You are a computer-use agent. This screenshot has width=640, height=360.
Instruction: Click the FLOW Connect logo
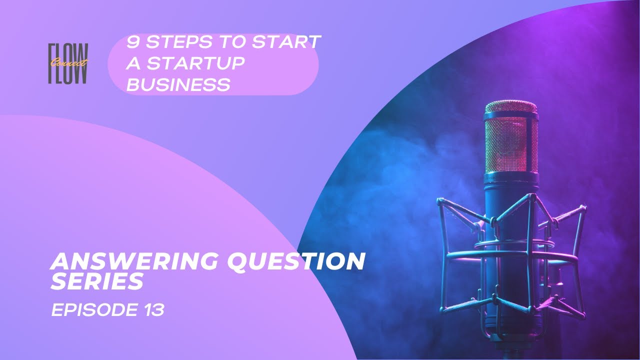[x=68, y=63]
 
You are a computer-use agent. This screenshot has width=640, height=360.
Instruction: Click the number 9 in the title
[x=133, y=42]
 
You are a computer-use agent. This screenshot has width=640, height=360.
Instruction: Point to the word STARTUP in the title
[x=195, y=63]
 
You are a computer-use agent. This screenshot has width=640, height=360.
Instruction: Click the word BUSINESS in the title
[x=178, y=84]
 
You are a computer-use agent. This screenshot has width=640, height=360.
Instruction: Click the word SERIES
[x=96, y=281]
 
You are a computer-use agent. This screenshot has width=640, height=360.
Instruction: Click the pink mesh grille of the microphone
[x=511, y=144]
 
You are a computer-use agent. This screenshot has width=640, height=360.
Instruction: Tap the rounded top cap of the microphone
[x=511, y=107]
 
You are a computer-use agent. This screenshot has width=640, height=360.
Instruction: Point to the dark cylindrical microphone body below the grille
[x=511, y=257]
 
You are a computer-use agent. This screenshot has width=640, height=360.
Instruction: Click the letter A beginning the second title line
[x=133, y=63]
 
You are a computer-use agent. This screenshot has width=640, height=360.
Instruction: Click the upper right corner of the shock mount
[x=584, y=207]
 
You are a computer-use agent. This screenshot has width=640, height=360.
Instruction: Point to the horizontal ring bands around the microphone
[x=511, y=253]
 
